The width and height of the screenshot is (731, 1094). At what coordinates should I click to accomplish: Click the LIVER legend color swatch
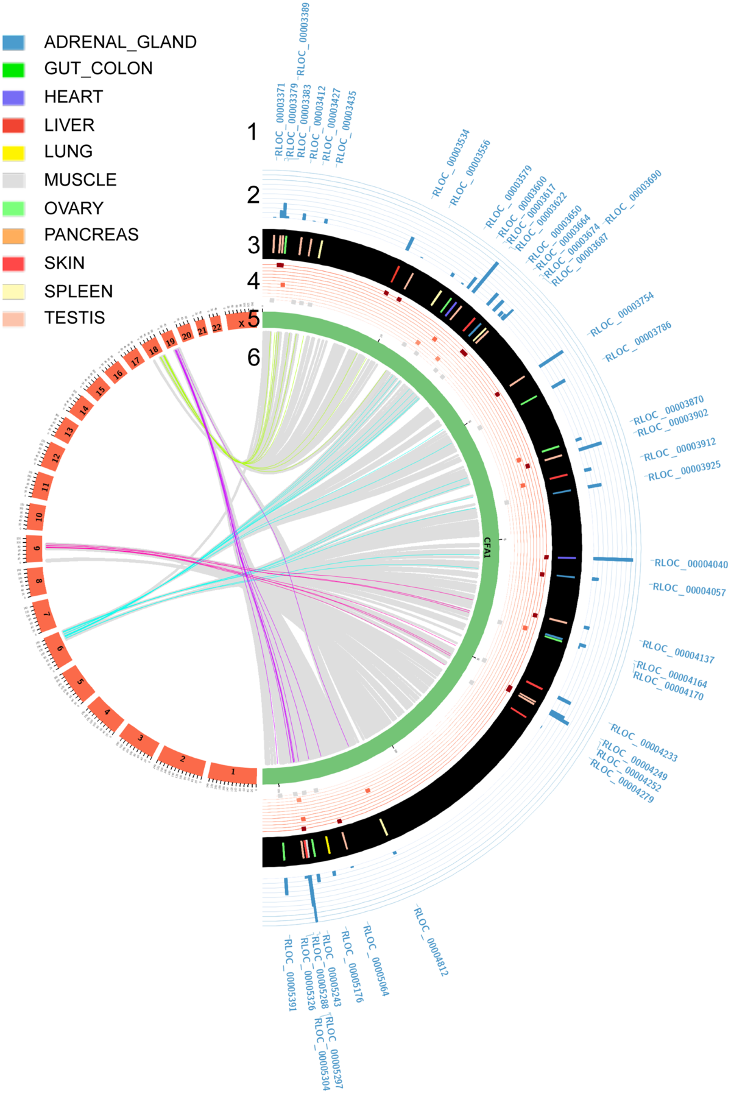click(x=13, y=125)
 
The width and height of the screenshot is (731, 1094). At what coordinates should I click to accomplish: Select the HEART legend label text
click(x=73, y=97)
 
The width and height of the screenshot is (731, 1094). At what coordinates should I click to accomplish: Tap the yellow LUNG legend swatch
click(x=13, y=152)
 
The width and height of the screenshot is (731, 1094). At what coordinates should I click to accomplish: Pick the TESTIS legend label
click(x=74, y=318)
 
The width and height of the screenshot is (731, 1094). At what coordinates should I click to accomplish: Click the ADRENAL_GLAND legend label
click(x=120, y=42)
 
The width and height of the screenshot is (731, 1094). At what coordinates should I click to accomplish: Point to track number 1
click(x=252, y=132)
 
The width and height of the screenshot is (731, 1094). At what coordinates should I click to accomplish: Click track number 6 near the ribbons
click(x=253, y=358)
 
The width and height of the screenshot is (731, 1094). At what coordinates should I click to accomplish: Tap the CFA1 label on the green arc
click(x=487, y=547)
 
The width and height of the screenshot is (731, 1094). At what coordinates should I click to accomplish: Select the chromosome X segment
click(x=242, y=322)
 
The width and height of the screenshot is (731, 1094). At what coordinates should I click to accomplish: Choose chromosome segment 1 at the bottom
click(x=232, y=772)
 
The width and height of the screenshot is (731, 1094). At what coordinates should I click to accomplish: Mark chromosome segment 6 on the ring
click(x=58, y=648)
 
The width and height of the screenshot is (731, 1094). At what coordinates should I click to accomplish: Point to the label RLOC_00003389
click(x=303, y=39)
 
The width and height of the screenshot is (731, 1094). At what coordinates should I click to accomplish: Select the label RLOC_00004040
click(x=690, y=564)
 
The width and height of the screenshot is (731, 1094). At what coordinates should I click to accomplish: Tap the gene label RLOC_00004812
click(x=431, y=941)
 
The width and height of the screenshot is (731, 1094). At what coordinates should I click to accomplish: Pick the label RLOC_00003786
click(x=638, y=341)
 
